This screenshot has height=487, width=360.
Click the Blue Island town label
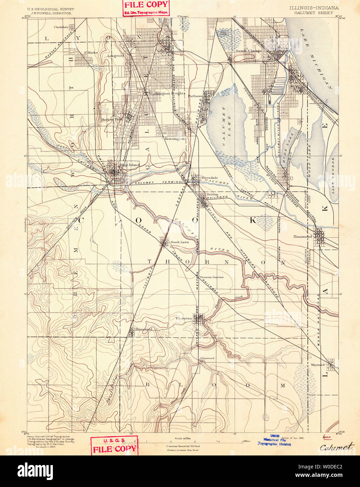point(129,165)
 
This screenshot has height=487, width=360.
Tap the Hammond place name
point(302,236)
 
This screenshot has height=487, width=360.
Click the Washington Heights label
point(164,94)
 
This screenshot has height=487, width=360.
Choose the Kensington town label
point(174,139)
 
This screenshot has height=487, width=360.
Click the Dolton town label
point(212,194)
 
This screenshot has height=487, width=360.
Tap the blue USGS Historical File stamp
point(274,442)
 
